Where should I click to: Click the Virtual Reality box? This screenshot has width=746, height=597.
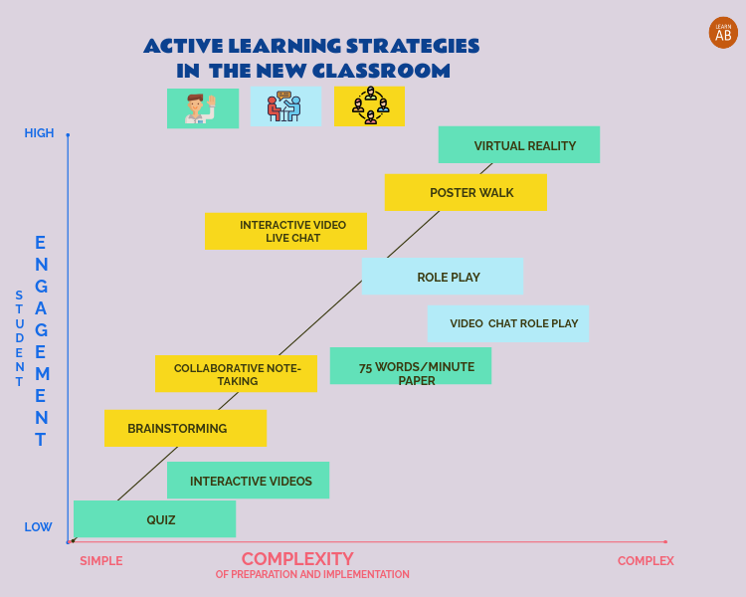click(519, 144)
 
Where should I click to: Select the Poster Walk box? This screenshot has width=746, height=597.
click(466, 192)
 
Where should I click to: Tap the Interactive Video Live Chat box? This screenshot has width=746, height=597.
click(285, 231)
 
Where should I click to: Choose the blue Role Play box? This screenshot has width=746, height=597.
click(443, 277)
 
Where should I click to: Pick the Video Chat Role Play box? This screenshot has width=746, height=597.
click(508, 323)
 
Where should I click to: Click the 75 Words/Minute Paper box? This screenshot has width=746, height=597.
click(411, 366)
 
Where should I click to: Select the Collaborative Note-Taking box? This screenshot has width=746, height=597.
click(236, 373)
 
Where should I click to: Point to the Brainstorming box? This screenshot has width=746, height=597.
click(185, 428)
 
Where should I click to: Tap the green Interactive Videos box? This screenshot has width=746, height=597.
click(248, 481)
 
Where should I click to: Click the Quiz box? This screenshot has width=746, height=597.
click(154, 518)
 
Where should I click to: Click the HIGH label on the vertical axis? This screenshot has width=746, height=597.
click(40, 133)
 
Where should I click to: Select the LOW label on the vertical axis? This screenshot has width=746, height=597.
click(39, 527)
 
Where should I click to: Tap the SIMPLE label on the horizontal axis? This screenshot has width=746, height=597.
click(101, 561)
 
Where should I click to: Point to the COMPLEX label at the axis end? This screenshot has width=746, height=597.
click(646, 561)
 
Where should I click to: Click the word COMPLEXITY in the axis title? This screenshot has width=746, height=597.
click(297, 559)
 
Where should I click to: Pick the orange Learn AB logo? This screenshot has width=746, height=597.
click(723, 33)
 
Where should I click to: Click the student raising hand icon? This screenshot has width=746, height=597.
click(203, 108)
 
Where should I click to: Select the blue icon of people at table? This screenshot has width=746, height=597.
click(285, 106)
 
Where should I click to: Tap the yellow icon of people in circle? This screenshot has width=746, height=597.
click(369, 106)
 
